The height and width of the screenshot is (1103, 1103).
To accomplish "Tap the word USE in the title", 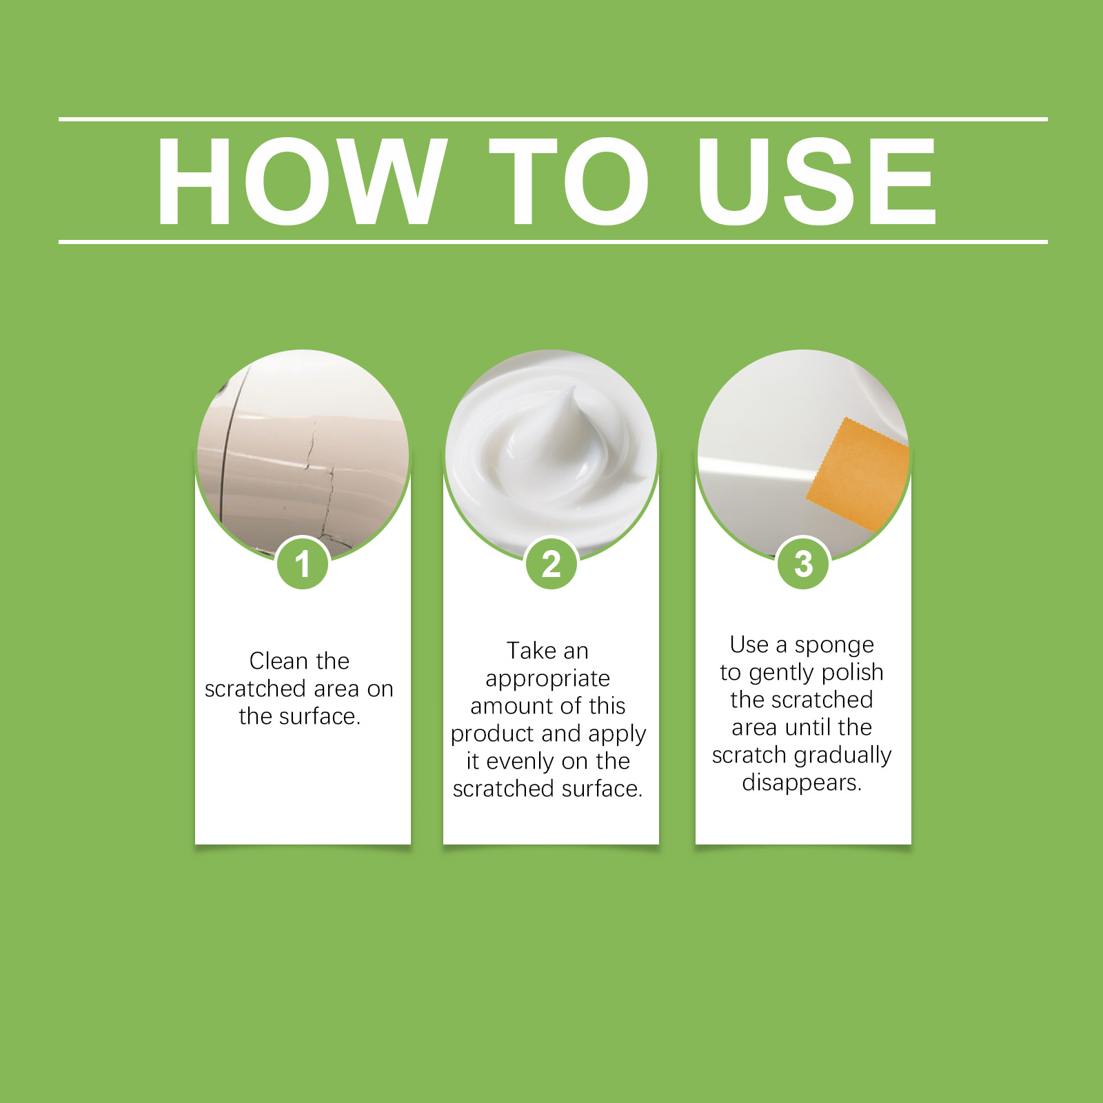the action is [818, 181].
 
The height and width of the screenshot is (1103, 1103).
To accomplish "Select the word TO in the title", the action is [569, 181].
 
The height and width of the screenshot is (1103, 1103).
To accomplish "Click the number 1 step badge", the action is [303, 563].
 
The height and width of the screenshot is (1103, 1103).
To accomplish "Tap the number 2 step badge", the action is [551, 563].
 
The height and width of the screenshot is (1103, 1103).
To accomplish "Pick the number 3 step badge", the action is [803, 563].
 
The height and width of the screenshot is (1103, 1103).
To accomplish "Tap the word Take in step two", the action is [532, 650].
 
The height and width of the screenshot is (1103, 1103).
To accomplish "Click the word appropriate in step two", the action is [548, 679].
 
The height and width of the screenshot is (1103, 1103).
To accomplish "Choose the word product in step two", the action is [492, 734].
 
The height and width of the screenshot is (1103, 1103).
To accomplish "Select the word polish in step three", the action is [853, 672].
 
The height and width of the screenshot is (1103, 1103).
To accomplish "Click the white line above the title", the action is [553, 119].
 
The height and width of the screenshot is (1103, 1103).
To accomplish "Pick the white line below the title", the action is [553, 242].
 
